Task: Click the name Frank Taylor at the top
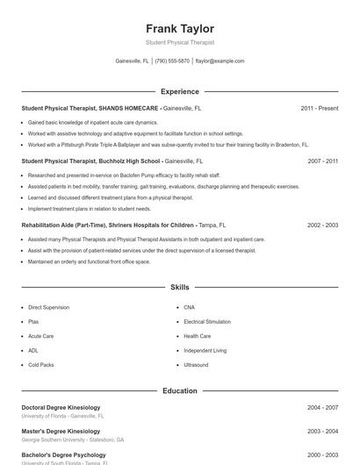tap(180, 28)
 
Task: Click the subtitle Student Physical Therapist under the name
tap(180, 42)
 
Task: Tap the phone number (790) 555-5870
tap(173, 61)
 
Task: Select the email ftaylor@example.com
tap(220, 61)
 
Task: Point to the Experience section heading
tap(180, 91)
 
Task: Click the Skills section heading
tap(180, 287)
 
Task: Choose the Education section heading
tap(180, 390)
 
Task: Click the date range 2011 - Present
tap(319, 108)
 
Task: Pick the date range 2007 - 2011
tap(322, 161)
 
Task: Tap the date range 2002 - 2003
tap(322, 225)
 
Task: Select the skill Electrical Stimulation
tap(206, 322)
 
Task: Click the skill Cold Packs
tap(41, 365)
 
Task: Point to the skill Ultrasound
tap(196, 365)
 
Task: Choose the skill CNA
tap(190, 308)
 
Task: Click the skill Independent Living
tap(205, 350)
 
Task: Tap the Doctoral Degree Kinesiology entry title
tap(61, 408)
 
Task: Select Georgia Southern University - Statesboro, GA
tap(72, 440)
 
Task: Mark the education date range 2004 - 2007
tap(322, 408)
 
